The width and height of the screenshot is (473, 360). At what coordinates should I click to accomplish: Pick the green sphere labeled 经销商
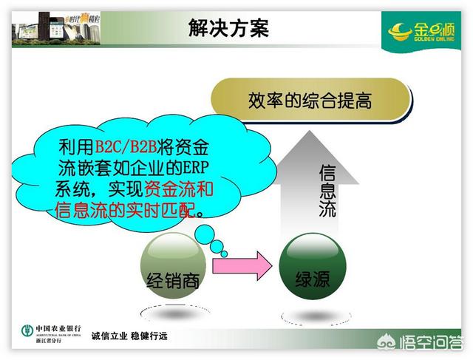pos(171,265)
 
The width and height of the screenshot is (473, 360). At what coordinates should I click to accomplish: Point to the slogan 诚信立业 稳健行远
pos(129,337)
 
